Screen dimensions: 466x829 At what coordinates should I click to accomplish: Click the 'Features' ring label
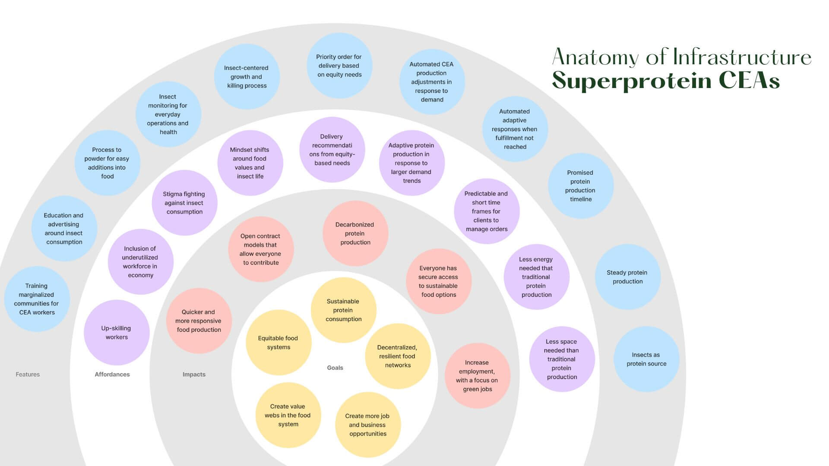(x=28, y=375)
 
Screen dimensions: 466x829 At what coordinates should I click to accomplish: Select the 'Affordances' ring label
(x=112, y=375)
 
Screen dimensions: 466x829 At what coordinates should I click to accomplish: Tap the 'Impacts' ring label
(x=194, y=375)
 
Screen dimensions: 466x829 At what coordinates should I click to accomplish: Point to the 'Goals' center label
(x=335, y=368)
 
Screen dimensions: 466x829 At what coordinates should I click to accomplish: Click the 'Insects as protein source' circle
(x=646, y=359)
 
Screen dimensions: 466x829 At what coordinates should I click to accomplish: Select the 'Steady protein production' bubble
(x=627, y=277)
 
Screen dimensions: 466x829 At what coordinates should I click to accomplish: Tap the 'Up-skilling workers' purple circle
(x=117, y=333)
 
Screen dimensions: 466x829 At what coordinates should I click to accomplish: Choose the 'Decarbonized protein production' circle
(x=355, y=233)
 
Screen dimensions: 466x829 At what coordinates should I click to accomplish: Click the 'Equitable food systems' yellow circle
(x=278, y=343)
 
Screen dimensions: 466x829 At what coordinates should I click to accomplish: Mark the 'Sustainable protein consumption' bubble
(x=343, y=310)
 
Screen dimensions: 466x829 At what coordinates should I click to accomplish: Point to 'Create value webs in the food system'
(x=288, y=415)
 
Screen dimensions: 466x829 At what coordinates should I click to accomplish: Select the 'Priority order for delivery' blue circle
(x=339, y=66)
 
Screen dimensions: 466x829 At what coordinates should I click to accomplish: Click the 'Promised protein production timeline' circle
(x=580, y=186)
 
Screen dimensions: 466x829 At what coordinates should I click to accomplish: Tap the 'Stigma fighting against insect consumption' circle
(x=184, y=203)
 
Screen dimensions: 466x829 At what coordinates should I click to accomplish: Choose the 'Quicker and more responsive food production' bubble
(x=199, y=321)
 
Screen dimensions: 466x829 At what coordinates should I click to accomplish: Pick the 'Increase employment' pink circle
(x=477, y=376)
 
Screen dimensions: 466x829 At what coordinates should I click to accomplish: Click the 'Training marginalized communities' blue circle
(x=37, y=299)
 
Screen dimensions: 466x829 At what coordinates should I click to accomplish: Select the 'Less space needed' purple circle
(x=562, y=359)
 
